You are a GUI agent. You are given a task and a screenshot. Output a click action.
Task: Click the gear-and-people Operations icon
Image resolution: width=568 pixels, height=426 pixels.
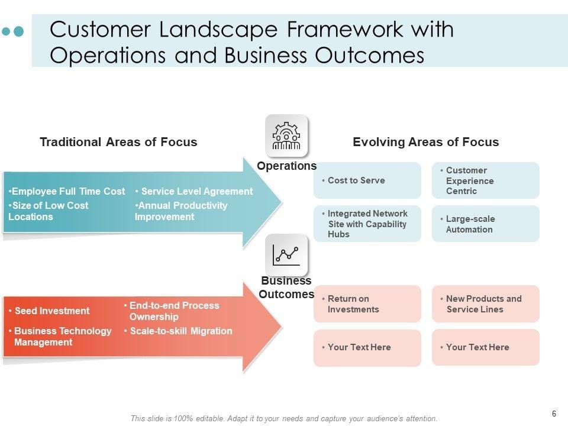click(x=286, y=135)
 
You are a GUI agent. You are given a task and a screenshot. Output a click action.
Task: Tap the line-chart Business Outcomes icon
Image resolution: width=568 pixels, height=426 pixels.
click(x=286, y=254)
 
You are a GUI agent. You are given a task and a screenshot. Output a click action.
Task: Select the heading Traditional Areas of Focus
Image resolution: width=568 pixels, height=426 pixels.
click(x=118, y=142)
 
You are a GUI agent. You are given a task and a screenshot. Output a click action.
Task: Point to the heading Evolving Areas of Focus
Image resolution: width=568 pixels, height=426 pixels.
click(x=425, y=142)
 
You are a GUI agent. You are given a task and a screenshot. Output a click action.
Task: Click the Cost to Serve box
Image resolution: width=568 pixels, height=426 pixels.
click(x=367, y=180)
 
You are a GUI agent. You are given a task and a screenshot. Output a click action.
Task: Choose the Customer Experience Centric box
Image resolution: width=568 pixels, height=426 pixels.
click(x=485, y=180)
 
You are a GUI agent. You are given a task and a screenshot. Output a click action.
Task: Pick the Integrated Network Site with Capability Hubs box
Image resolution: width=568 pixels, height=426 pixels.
click(x=367, y=224)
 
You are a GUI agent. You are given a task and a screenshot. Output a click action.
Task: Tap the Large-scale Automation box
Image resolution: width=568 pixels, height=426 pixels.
click(x=485, y=224)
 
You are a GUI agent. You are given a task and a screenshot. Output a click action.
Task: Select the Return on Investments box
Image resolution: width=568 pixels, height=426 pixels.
click(x=367, y=304)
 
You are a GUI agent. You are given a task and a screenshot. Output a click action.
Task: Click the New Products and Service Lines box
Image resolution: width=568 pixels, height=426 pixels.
click(x=485, y=304)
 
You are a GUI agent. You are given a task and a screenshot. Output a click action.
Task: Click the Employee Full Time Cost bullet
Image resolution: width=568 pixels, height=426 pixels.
click(x=67, y=191)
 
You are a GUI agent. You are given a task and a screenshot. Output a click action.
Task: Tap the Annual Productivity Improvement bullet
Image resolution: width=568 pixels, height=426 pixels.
click(x=181, y=211)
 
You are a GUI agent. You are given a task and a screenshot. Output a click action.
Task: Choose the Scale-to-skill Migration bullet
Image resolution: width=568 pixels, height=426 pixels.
click(x=180, y=331)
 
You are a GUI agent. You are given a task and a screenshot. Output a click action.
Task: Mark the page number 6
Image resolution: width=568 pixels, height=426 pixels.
click(x=554, y=414)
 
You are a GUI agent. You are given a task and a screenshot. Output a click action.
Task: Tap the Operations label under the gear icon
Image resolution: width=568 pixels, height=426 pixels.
click(x=287, y=166)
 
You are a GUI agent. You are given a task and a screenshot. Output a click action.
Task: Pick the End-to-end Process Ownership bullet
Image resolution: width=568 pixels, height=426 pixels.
click(x=173, y=311)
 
